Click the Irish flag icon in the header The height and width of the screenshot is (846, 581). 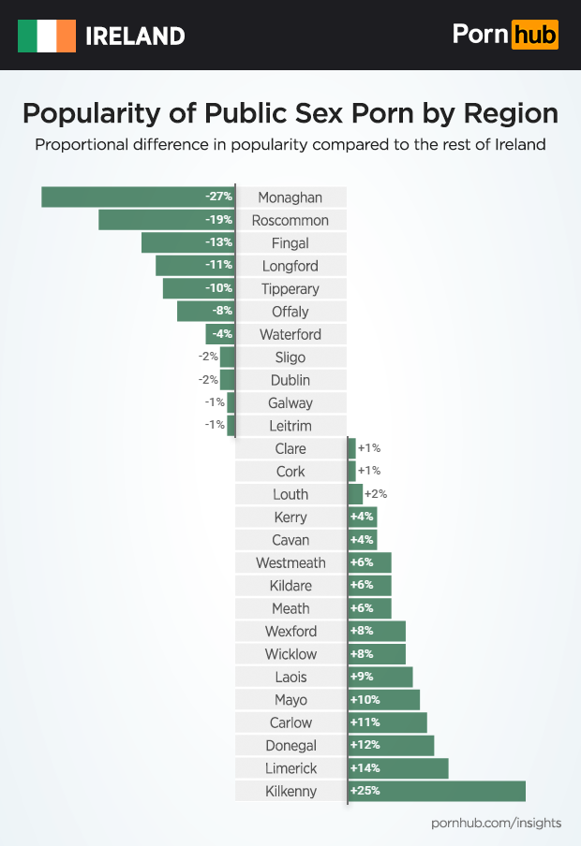(x=47, y=36)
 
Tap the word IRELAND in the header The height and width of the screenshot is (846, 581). (x=135, y=36)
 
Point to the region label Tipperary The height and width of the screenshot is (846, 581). (x=290, y=289)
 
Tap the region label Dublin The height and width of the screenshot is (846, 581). (x=290, y=380)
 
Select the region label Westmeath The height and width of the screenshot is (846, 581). (x=290, y=563)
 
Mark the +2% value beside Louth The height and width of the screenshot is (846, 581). (x=376, y=494)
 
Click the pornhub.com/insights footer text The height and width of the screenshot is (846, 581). (x=496, y=823)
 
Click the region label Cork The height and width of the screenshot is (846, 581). (x=290, y=472)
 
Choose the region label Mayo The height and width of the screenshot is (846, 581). (x=290, y=700)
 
